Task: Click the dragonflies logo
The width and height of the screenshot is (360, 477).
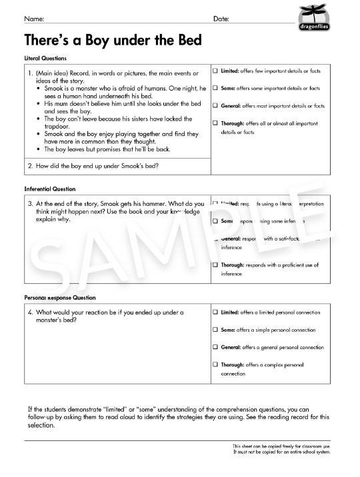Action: [312, 18]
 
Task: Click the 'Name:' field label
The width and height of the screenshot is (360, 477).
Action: [35, 19]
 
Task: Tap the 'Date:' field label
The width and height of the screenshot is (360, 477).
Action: [221, 19]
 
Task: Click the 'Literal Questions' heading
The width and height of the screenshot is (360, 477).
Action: [45, 58]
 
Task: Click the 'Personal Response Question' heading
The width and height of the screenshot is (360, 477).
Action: [60, 297]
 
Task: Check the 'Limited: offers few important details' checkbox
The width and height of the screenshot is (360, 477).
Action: [215, 71]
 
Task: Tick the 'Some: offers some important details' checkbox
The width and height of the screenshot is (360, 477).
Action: [215, 88]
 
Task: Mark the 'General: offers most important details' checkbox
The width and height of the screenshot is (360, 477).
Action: [215, 105]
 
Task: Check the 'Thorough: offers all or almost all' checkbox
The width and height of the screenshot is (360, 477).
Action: [215, 123]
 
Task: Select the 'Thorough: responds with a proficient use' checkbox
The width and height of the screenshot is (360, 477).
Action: [215, 264]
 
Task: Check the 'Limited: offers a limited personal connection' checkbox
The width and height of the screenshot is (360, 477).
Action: [215, 312]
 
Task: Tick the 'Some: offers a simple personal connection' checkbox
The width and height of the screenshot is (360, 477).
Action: [215, 329]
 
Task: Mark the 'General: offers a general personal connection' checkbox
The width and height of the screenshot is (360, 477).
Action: [215, 347]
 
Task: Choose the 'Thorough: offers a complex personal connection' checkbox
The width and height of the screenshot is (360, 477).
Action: [215, 364]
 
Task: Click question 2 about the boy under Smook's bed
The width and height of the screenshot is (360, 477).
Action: [97, 166]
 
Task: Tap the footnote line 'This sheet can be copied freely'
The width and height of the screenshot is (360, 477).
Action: [281, 446]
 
